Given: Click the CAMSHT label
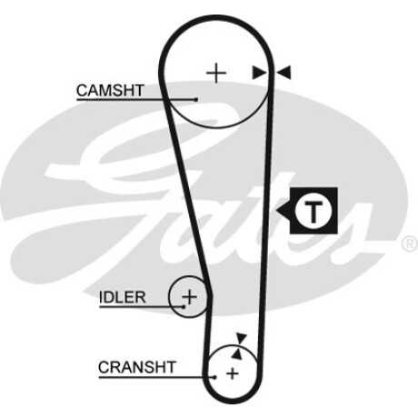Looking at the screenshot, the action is point(110,90).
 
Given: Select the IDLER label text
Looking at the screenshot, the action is point(123,297).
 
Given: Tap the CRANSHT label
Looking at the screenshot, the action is point(137,367).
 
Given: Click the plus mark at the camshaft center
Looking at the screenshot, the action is point(216,73).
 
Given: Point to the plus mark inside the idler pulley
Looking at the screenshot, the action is point(190,297).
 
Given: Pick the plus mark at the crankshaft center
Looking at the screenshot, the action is point(233,373).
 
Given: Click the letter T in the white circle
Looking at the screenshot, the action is point(313,211).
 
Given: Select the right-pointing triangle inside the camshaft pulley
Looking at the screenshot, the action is point(260,73).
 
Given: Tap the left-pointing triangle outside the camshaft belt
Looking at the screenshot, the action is point(284,73).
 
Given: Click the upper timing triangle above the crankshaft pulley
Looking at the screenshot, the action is point(242,338).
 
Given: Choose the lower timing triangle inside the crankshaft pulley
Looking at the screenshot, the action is point(237,353).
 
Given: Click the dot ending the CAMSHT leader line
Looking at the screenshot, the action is point(196,99).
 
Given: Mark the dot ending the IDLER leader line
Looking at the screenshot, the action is point(184,306).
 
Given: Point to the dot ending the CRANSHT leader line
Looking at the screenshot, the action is point(214,377).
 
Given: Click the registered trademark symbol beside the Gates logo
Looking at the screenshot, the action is point(410,244).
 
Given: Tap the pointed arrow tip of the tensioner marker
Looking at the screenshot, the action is point(276,211).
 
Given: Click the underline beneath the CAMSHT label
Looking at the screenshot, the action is point(136,99).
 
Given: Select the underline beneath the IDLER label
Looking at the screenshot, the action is point(142,306).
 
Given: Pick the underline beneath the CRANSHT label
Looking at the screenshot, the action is point(156,377).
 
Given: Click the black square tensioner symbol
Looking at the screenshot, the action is point(313,211).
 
